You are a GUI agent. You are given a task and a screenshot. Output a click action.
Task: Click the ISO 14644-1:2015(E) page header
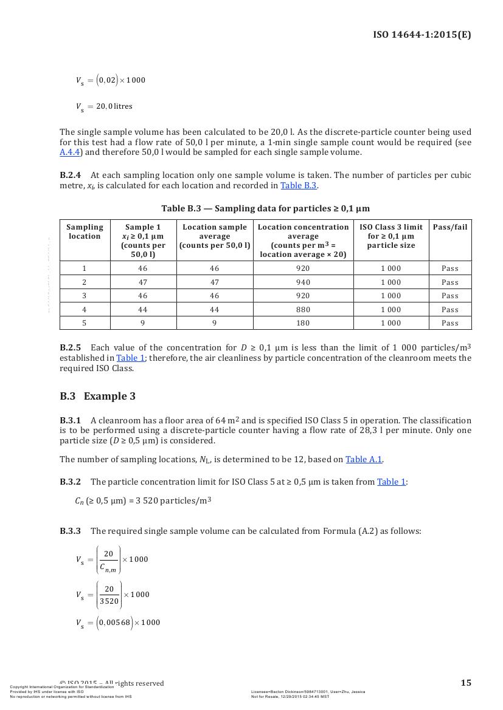[x=421, y=35]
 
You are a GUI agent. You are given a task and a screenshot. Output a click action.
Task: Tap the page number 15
[x=465, y=683]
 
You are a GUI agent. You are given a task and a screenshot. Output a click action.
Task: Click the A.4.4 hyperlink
[x=70, y=152]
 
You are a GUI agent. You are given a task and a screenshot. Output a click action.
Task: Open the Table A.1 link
[x=364, y=459]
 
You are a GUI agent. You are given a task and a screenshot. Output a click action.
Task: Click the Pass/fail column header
[x=450, y=227]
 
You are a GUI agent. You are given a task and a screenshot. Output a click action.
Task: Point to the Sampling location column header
[x=85, y=231]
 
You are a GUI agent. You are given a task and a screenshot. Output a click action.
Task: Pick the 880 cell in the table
[x=302, y=310]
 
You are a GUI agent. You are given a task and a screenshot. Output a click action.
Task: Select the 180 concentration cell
[x=302, y=323]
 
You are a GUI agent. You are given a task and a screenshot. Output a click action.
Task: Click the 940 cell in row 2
[x=302, y=282]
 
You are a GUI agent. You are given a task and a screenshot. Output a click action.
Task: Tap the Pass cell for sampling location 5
[x=450, y=323]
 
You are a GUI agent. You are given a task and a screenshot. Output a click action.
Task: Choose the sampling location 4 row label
[x=85, y=310]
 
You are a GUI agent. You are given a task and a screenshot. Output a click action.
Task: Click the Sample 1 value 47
[x=143, y=282]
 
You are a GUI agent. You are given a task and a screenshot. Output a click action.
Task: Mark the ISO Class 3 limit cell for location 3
[x=390, y=296]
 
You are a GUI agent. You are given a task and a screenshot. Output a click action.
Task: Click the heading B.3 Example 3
[x=97, y=397]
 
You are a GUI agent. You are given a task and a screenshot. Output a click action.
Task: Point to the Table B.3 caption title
[x=265, y=209]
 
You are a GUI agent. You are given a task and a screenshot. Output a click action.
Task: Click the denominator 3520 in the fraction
[x=109, y=601]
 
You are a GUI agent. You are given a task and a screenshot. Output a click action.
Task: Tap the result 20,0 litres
[x=114, y=106]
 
